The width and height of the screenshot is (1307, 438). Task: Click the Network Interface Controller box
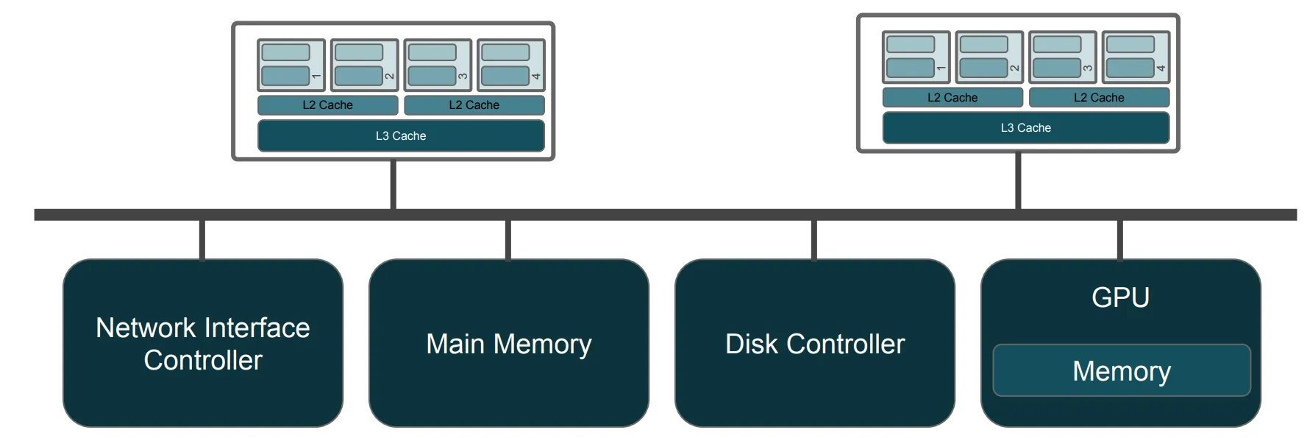click(203, 343)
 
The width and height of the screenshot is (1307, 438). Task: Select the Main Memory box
click(509, 343)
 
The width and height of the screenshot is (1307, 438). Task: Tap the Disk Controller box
click(815, 343)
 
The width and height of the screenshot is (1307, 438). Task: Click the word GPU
click(1120, 297)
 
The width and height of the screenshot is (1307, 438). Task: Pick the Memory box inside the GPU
click(1122, 370)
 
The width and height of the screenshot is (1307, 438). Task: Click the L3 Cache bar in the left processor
click(401, 136)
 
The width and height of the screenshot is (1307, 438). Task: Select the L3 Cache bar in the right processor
click(1025, 128)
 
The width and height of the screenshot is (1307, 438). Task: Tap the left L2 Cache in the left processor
click(327, 105)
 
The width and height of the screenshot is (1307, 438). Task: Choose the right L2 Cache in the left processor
click(474, 105)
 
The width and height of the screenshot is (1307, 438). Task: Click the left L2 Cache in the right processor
click(952, 98)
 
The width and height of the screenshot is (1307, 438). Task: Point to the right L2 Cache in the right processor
click(1099, 98)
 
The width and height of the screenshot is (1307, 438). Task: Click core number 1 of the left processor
click(291, 65)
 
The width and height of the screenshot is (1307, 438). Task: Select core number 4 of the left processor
click(511, 65)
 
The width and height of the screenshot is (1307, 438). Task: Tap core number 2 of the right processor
click(989, 57)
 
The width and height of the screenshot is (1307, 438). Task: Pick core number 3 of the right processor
click(1062, 57)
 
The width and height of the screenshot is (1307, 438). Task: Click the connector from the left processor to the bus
click(393, 185)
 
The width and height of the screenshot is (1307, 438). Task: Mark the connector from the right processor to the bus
click(1018, 180)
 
